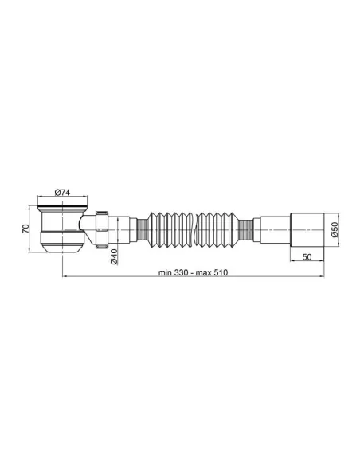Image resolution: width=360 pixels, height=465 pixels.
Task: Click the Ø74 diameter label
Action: [62, 192]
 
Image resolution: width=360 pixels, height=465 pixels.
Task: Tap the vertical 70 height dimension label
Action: [25, 229]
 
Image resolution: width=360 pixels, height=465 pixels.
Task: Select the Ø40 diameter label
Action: [114, 256]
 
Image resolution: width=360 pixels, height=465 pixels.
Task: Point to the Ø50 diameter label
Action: [335, 229]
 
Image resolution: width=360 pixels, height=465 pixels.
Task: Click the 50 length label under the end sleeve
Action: [307, 257]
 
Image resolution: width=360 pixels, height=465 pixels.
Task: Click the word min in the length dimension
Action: [165, 272]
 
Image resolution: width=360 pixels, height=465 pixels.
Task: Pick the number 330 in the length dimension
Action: [181, 272]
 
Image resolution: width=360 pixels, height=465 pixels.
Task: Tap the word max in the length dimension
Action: [203, 272]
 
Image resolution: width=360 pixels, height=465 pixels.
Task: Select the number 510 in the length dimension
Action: [221, 272]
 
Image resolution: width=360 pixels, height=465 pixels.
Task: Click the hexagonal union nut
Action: [102, 229]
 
